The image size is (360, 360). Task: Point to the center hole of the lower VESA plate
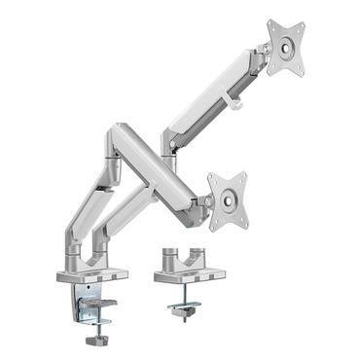pyautogui.click(x=228, y=198)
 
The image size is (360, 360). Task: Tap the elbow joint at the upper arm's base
pyautogui.click(x=170, y=143)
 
